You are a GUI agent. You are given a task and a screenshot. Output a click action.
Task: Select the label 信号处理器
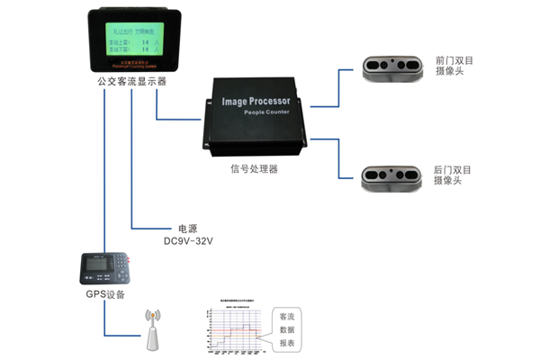[x=254, y=167]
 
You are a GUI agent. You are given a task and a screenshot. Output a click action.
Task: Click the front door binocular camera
[x=391, y=67]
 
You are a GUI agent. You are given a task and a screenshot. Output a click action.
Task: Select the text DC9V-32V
[x=186, y=241]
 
